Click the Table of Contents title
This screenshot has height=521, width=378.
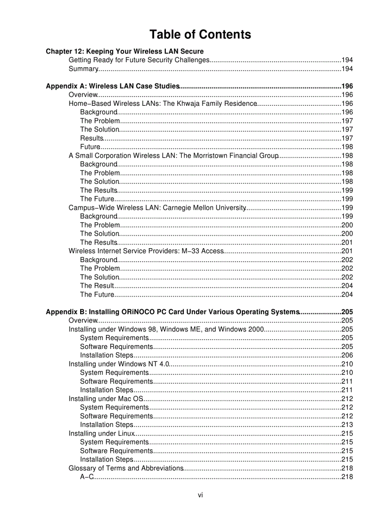[x=200, y=35]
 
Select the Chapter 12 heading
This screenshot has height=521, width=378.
[x=125, y=51]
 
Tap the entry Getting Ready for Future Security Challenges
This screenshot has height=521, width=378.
[x=139, y=60]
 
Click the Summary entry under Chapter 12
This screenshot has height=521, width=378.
[x=83, y=69]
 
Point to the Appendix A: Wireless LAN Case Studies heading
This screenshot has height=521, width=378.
[x=113, y=86]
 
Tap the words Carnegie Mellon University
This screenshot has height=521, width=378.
[x=204, y=208]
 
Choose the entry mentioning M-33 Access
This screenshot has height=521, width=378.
[x=146, y=251]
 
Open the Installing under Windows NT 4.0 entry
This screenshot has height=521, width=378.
[x=119, y=364]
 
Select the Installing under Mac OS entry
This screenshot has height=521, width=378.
[x=106, y=399]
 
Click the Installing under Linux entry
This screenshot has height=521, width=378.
[x=102, y=434]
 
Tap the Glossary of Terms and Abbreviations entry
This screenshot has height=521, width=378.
[x=126, y=469]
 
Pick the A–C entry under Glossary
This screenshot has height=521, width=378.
[x=87, y=477]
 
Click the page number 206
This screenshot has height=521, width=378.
[x=347, y=355]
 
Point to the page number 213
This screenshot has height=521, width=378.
[x=347, y=425]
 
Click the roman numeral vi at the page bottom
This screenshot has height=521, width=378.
[x=200, y=495]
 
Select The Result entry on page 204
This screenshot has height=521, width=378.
[x=97, y=286]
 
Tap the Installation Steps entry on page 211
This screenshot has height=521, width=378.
[x=107, y=390]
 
